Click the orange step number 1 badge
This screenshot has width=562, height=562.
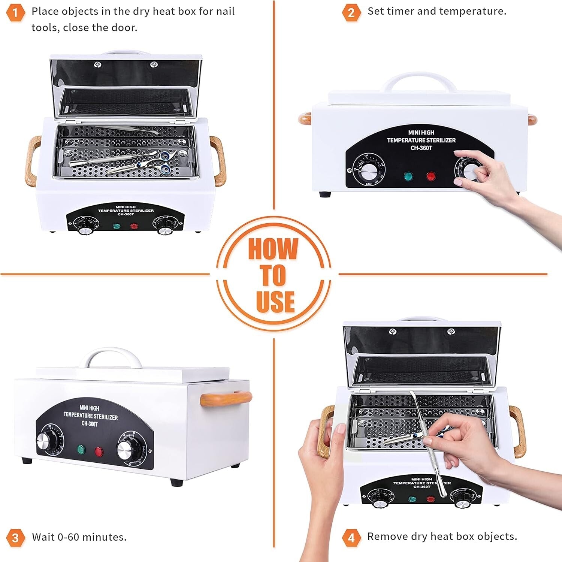pyautogui.click(x=15, y=13)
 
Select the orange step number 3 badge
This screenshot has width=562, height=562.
pyautogui.click(x=15, y=538)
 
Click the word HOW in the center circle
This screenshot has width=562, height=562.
pyautogui.click(x=273, y=249)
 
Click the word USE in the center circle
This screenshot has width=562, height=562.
pyautogui.click(x=275, y=301)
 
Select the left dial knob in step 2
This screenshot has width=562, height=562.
pyautogui.click(x=369, y=170)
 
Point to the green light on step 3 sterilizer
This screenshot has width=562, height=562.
pyautogui.click(x=80, y=449)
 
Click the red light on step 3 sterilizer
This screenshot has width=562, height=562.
pyautogui.click(x=99, y=451)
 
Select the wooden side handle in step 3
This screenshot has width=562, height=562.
pyautogui.click(x=226, y=398)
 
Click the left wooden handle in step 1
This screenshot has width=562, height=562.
pyautogui.click(x=33, y=161)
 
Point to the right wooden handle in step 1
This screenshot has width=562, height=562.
pyautogui.click(x=218, y=161)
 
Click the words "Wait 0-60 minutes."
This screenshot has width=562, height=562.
pyautogui.click(x=79, y=537)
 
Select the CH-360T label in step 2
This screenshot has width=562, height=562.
pyautogui.click(x=421, y=148)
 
